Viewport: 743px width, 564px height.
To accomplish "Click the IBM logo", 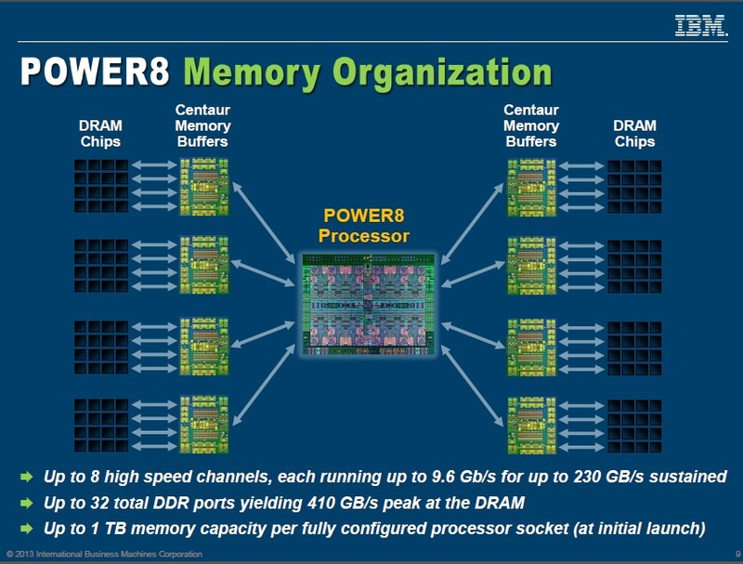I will pos(699,27).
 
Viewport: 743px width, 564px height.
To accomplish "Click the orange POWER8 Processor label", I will pos(363,226).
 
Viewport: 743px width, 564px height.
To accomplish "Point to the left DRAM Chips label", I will pos(99,134).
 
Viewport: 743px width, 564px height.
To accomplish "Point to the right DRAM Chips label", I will pos(634,134).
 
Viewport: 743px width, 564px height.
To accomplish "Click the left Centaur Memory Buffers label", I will pos(202,125).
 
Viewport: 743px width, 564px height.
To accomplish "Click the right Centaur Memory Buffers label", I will pos(531,125).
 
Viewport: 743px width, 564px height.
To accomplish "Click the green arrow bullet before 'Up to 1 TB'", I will pos(25,529).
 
